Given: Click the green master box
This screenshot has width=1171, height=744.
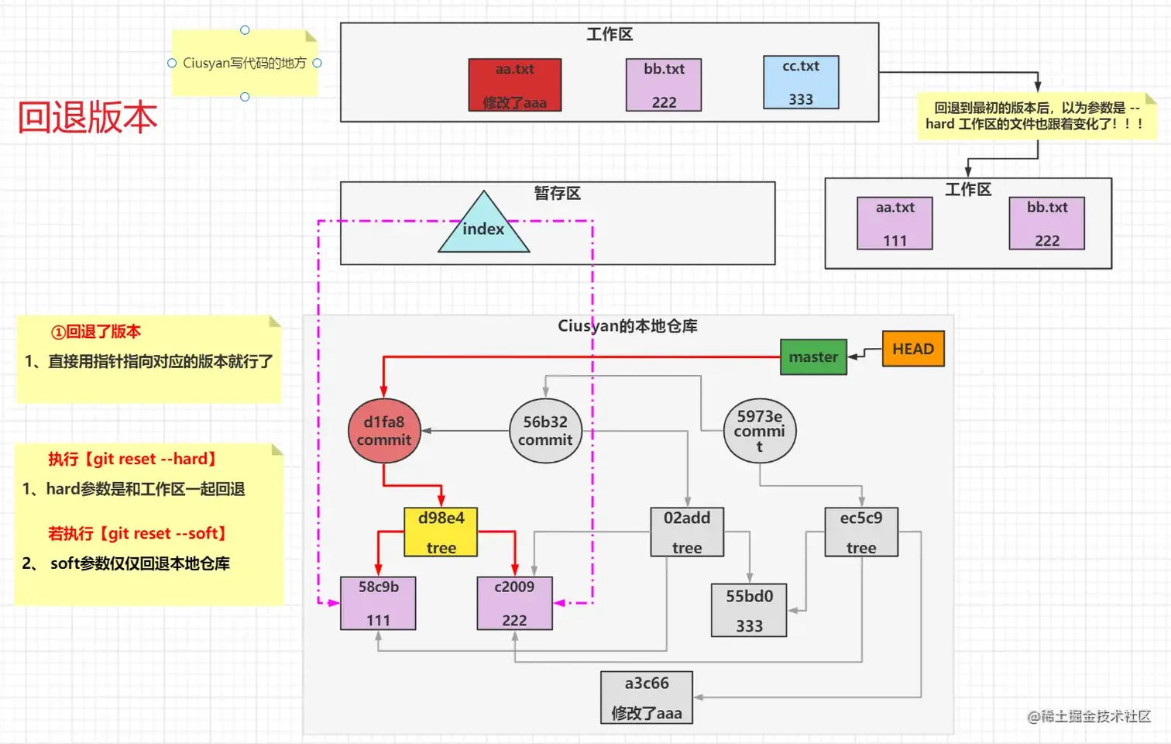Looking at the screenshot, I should pos(813,356).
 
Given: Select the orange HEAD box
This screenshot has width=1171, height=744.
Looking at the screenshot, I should pos(913,349).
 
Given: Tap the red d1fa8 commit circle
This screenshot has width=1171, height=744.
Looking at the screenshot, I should pos(384,431).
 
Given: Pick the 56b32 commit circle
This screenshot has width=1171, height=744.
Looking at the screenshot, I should pos(545,431).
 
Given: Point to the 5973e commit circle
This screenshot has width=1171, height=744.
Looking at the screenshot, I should pos(759,431).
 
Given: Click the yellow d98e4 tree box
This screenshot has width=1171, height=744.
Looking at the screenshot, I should pos(441,532).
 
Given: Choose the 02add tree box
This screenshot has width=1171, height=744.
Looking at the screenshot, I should pos(687,532).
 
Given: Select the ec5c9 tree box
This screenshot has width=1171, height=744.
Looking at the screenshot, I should pos(861,532).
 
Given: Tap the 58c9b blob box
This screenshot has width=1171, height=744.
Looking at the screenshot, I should pos(378,603).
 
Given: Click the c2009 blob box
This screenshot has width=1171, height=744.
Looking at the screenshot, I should pos(514,603).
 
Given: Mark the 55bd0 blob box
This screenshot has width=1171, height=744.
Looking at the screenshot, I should pos(749,610).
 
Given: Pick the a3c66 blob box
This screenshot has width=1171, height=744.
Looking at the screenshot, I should pos(647,697).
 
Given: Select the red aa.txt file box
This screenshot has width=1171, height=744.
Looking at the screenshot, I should pos(515,84).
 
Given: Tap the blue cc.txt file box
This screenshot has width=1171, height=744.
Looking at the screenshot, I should pos(801,82).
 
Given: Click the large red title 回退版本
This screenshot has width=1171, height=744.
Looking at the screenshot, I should pos(88,117).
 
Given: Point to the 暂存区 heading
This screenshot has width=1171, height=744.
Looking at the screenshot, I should pos(558,193).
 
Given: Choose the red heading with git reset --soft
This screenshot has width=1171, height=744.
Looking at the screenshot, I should pos(137,533).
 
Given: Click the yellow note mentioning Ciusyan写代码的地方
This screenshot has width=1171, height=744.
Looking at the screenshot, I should pos(245,63).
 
